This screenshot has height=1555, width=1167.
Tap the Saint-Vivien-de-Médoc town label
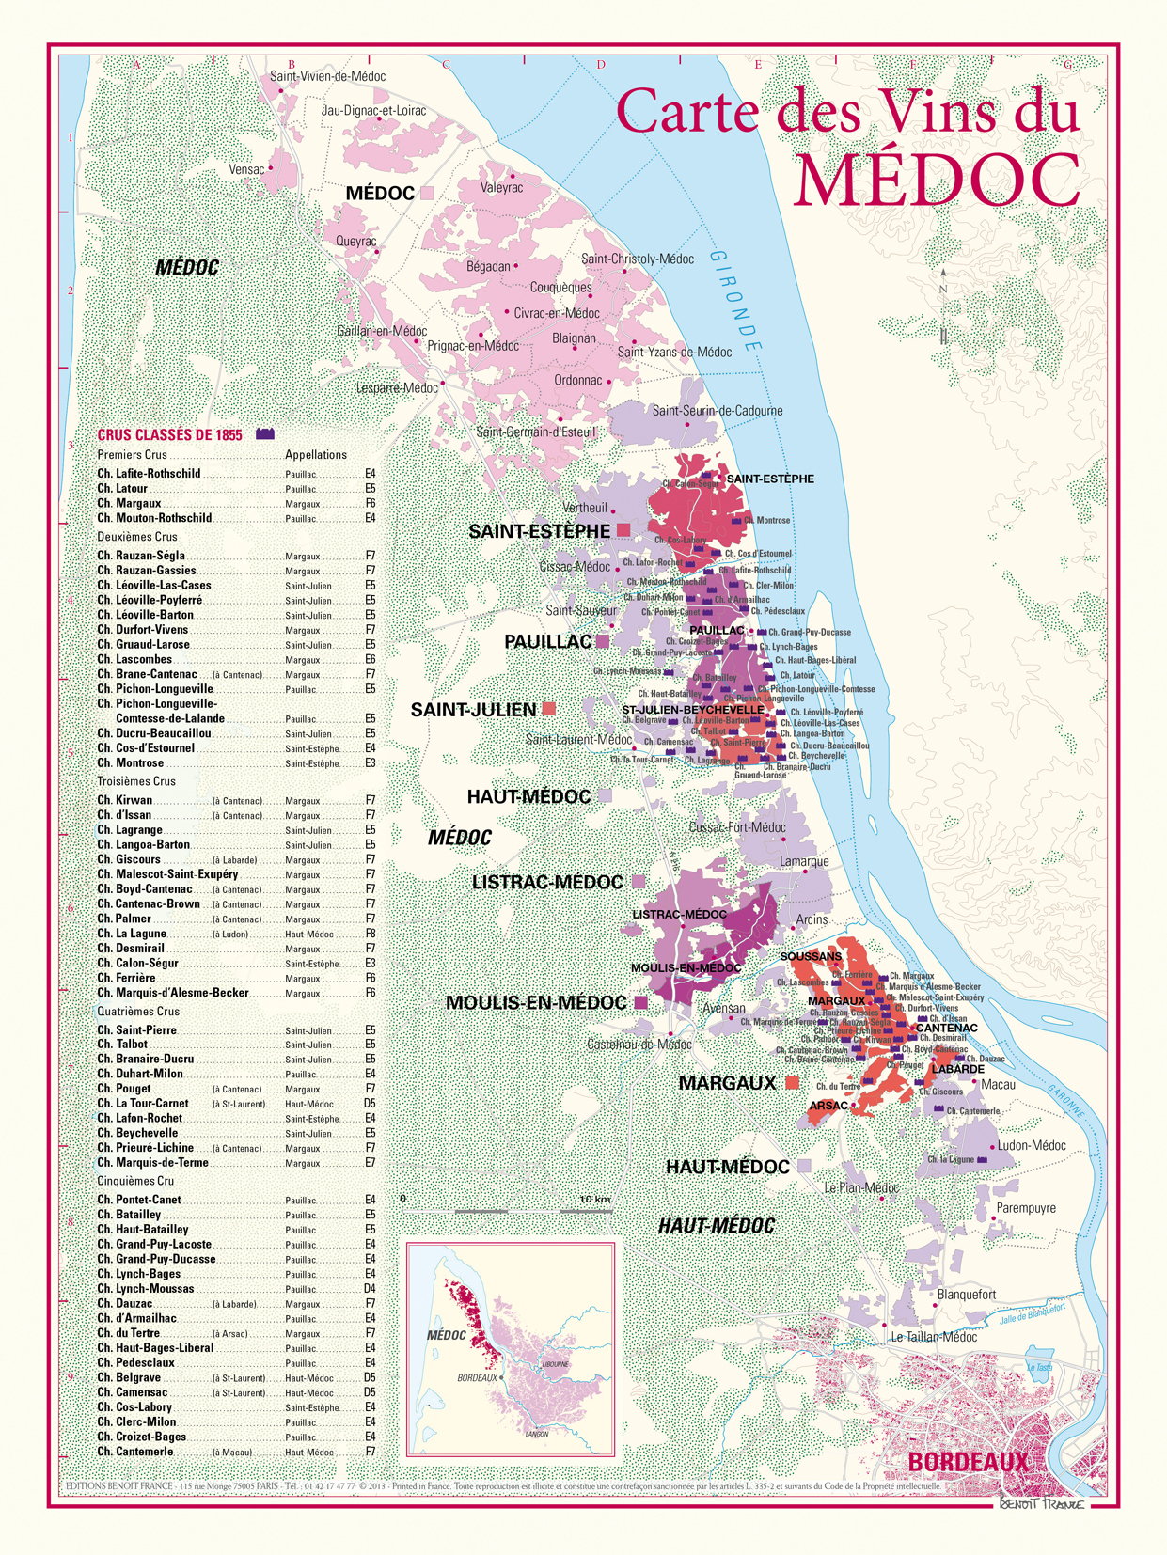pyautogui.click(x=327, y=76)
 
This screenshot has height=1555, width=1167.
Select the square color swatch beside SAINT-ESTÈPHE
pyautogui.click(x=623, y=531)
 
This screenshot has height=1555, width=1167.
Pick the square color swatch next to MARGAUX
pyautogui.click(x=792, y=1083)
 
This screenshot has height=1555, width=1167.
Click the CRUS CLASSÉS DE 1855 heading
pyautogui.click(x=170, y=435)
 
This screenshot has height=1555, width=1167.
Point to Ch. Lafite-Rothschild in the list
pyautogui.click(x=149, y=474)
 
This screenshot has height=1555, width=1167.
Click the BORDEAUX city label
pyautogui.click(x=969, y=1462)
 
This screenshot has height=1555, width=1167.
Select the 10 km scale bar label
pyautogui.click(x=594, y=1200)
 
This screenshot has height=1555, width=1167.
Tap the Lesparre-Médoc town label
pyautogui.click(x=397, y=387)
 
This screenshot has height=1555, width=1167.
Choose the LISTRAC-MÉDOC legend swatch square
pyautogui.click(x=639, y=882)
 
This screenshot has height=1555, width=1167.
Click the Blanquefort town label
pyautogui.click(x=967, y=1295)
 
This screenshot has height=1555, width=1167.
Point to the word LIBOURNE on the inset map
pyautogui.click(x=555, y=1363)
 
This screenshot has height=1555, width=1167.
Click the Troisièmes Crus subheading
pyautogui.click(x=136, y=781)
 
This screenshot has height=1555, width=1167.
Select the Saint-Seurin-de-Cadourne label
pyautogui.click(x=717, y=411)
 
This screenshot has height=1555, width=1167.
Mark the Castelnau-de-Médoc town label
pyautogui.click(x=639, y=1045)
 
